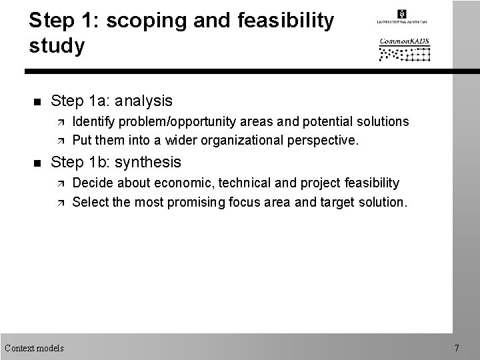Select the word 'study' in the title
(57, 46)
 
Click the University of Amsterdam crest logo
(401, 14)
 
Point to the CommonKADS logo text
(405, 41)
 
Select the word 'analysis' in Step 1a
(143, 101)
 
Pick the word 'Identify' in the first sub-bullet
(92, 122)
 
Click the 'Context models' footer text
(34, 348)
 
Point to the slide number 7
(457, 348)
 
